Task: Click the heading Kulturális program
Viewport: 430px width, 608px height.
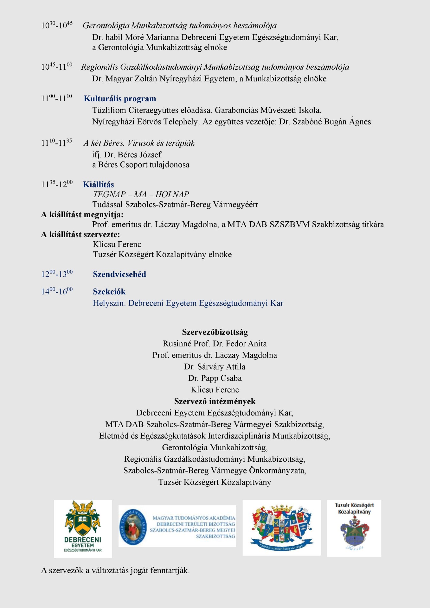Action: (120, 98)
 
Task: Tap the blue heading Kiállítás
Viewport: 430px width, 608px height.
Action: (98, 184)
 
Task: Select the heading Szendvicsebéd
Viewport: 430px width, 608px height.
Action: (119, 274)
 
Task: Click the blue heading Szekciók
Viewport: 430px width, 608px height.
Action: (109, 292)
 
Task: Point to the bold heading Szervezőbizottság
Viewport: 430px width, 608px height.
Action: (215, 332)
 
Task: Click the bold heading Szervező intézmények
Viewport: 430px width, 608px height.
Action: (215, 401)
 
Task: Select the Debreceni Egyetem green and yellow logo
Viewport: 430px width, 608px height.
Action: (83, 529)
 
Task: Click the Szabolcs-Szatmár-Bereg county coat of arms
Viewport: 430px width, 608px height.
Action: (281, 528)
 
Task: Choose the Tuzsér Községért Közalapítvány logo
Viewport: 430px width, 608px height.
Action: (354, 528)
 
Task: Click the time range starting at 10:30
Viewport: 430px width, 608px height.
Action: (57, 25)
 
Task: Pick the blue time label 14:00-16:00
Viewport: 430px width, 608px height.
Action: (57, 291)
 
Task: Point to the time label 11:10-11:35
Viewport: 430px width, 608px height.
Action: (57, 142)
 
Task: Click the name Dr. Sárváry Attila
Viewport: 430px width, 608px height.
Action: (215, 367)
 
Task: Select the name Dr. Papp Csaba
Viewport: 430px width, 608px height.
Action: (215, 378)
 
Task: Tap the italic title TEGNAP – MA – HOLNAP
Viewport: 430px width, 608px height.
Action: (141, 194)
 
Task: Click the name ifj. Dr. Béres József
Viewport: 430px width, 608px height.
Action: (127, 155)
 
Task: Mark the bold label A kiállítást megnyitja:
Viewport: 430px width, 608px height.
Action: (82, 214)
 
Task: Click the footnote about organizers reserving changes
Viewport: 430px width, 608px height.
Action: (115, 570)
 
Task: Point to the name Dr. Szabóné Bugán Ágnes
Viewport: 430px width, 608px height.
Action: (325, 122)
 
